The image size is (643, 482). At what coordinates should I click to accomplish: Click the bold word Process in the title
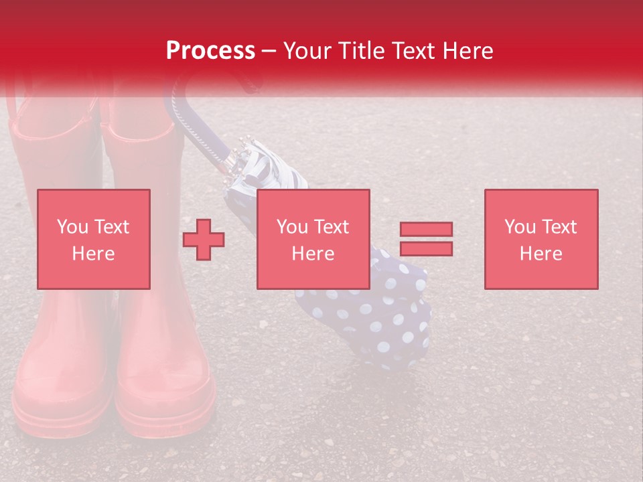210,51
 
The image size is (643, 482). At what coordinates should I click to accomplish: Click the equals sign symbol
426,239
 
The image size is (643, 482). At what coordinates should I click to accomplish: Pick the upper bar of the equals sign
426,230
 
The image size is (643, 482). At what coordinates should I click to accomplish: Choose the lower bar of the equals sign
426,248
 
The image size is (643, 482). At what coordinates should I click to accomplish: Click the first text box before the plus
93,239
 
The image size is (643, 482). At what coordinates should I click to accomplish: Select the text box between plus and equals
313,239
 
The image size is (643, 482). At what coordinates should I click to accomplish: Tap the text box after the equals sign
541,239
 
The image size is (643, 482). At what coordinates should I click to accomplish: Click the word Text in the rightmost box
559,227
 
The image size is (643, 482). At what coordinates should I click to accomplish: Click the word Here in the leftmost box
93,254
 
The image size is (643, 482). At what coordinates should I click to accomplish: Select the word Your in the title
308,51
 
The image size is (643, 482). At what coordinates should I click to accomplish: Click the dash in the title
269,51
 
